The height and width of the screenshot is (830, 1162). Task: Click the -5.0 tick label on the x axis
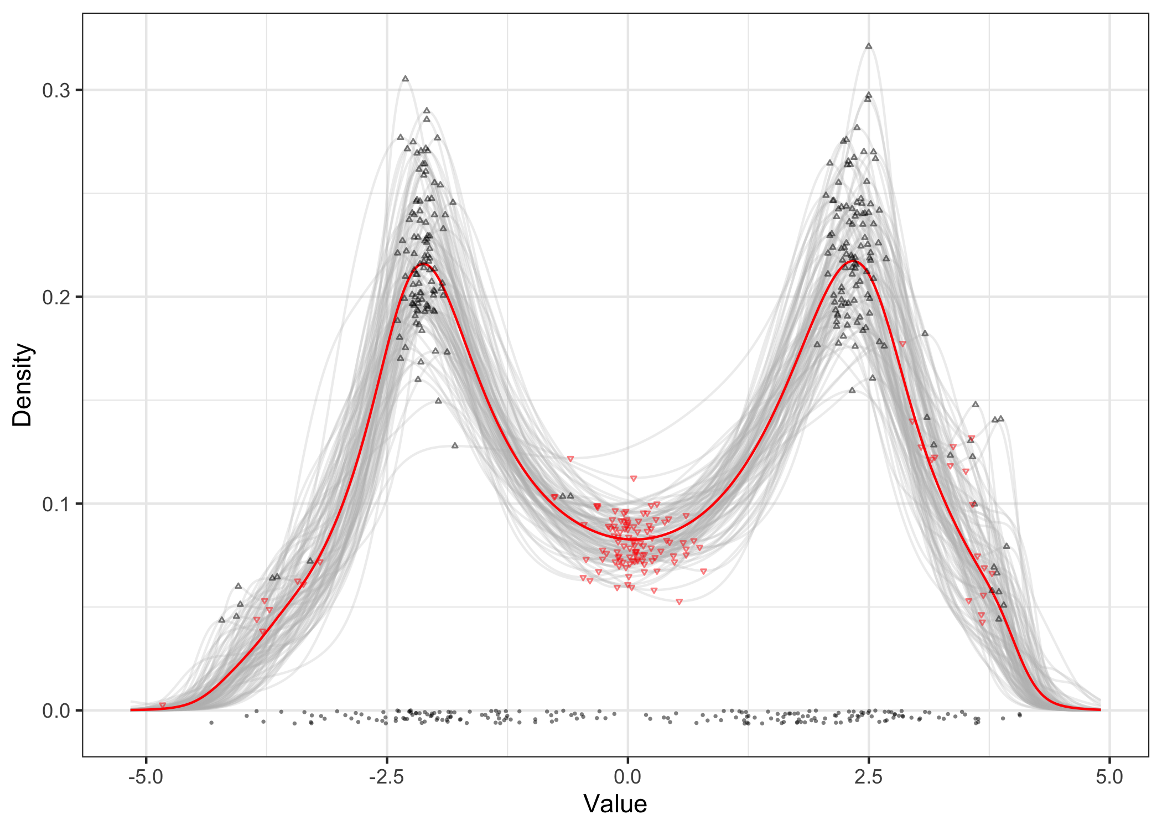[x=146, y=777]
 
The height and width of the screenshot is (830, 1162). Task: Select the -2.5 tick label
[x=386, y=777]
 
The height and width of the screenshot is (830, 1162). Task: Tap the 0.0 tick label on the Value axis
[x=627, y=777]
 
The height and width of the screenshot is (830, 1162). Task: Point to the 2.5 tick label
[x=868, y=777]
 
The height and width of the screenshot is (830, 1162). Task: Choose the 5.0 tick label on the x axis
[x=1109, y=777]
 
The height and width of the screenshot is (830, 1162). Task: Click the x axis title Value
[x=615, y=804]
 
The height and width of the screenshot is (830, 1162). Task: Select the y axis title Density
[x=23, y=385]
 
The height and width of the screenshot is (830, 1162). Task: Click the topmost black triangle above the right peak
[x=869, y=46]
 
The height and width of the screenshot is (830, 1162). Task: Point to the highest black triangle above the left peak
[x=405, y=79]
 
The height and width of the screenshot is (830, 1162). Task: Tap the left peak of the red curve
[x=423, y=264]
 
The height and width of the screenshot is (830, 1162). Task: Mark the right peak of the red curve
[x=853, y=261]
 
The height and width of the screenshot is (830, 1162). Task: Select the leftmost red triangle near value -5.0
[x=162, y=705]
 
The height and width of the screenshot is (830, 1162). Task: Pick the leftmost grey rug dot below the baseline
[x=211, y=723]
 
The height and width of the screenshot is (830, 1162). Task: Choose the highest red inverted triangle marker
[x=902, y=344]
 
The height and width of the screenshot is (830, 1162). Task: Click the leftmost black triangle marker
[x=221, y=620]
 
